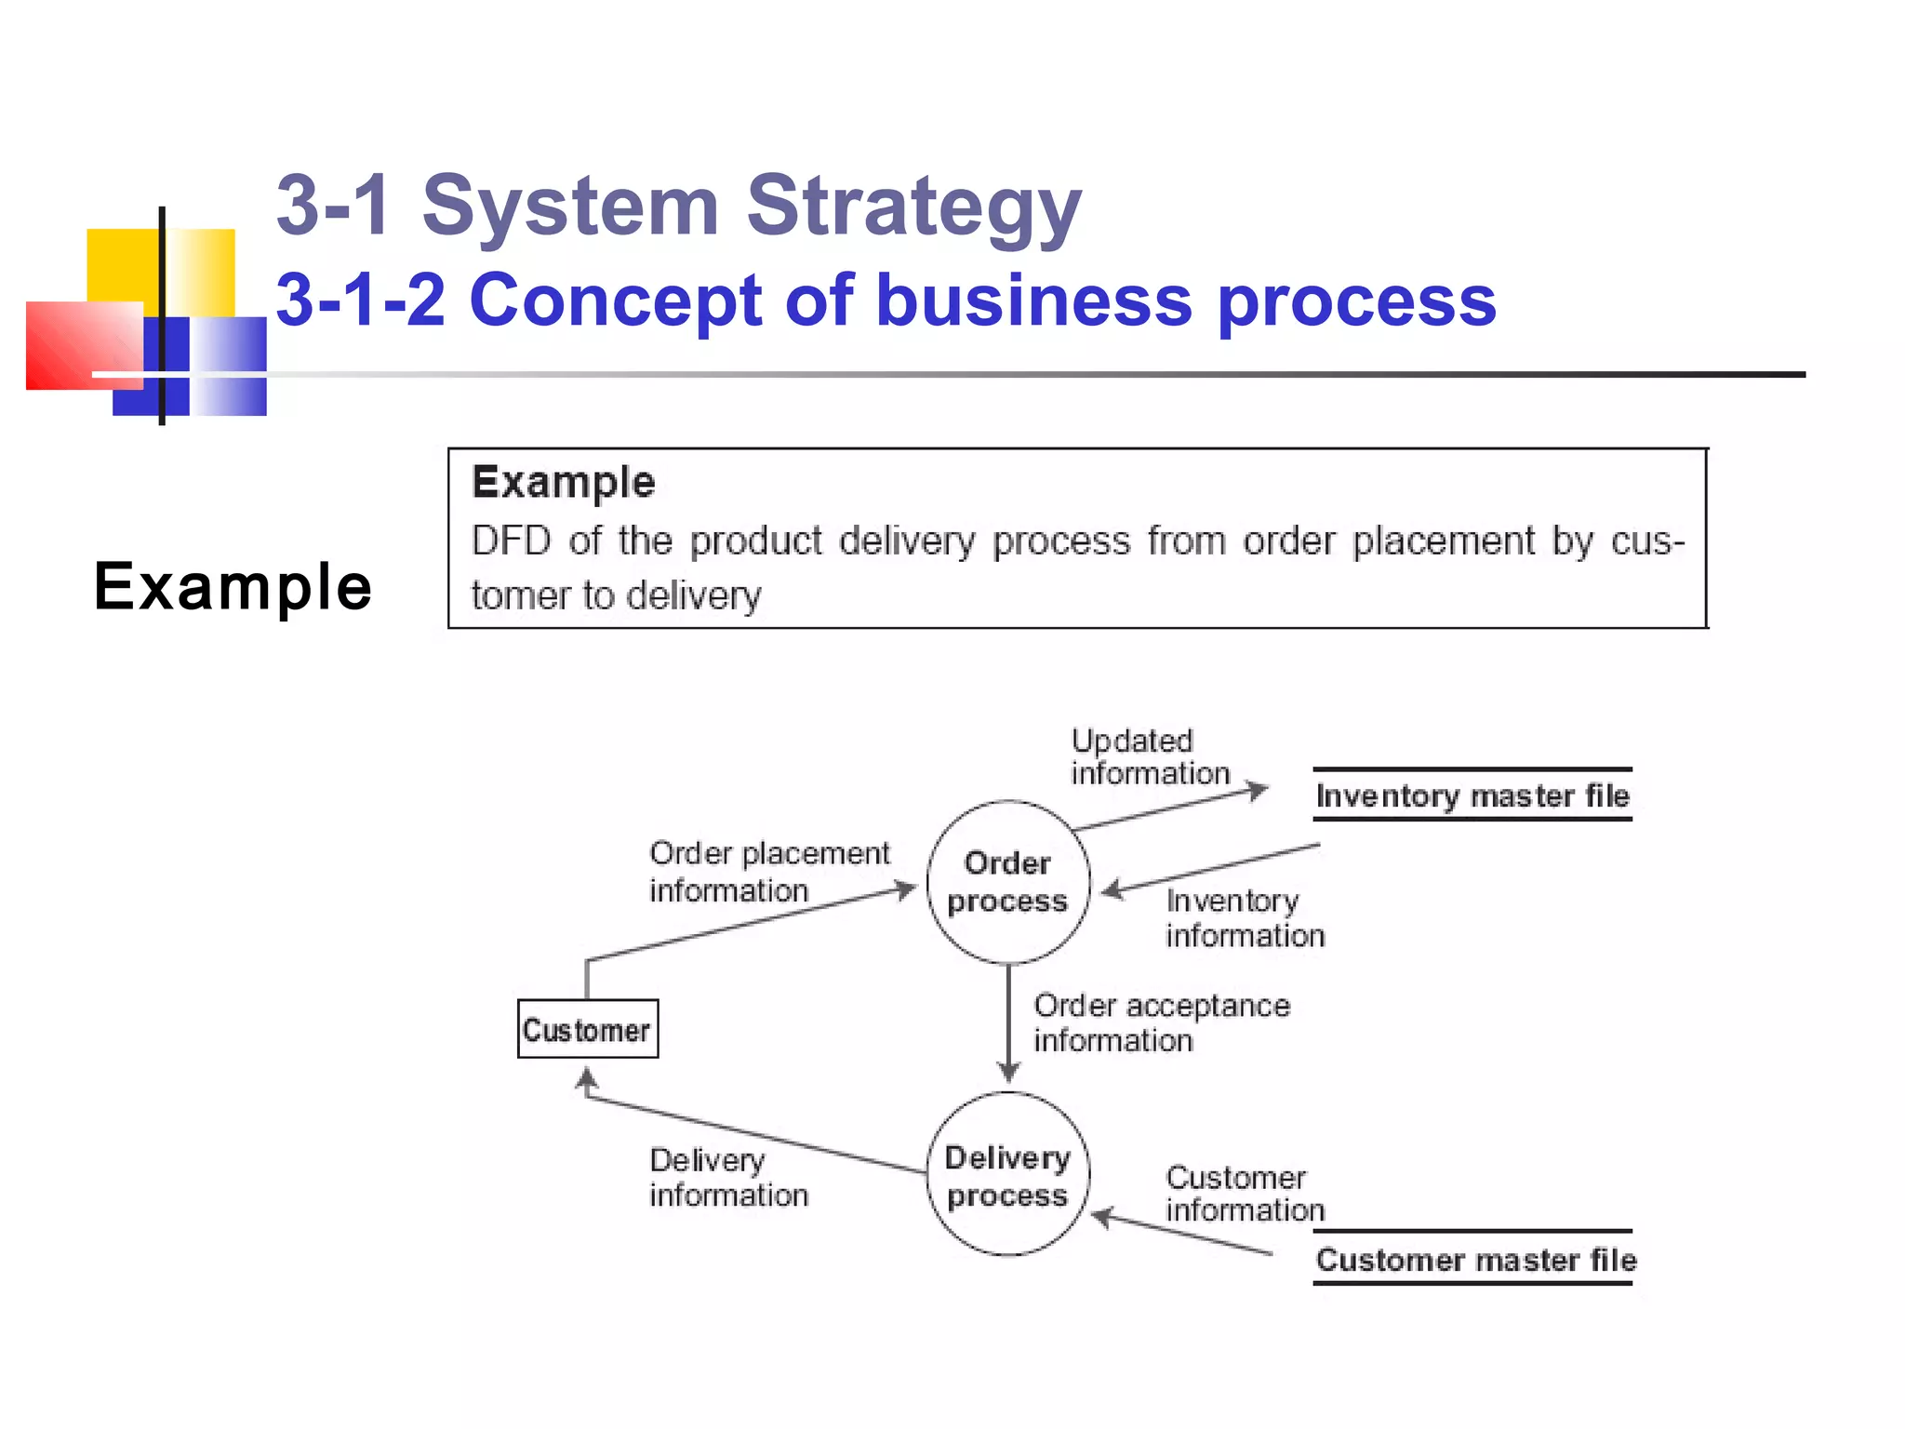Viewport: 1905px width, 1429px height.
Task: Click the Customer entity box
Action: coord(587,1029)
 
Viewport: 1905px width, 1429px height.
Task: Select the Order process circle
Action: coord(1007,881)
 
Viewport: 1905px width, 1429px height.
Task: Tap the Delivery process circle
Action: coord(1007,1175)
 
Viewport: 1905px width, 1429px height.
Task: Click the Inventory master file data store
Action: coord(1472,795)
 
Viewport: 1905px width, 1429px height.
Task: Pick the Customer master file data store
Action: coord(1475,1259)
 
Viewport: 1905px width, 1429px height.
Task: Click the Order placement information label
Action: coord(768,872)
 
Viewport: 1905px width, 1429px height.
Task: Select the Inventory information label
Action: coord(1244,918)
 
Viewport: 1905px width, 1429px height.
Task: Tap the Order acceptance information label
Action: coord(1161,1022)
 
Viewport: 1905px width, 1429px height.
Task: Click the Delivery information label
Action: coord(728,1177)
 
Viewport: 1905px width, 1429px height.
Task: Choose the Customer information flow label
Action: coord(1244,1194)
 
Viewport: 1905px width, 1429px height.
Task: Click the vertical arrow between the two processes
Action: coord(1008,1023)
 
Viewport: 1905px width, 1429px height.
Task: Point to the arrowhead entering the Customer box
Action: coord(586,1079)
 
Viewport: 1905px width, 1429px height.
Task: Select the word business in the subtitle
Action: coord(1032,300)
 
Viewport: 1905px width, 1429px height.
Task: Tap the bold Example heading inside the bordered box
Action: coord(563,482)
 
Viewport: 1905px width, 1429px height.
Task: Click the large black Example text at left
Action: coord(233,587)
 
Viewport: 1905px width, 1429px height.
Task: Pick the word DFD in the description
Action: coord(511,541)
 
